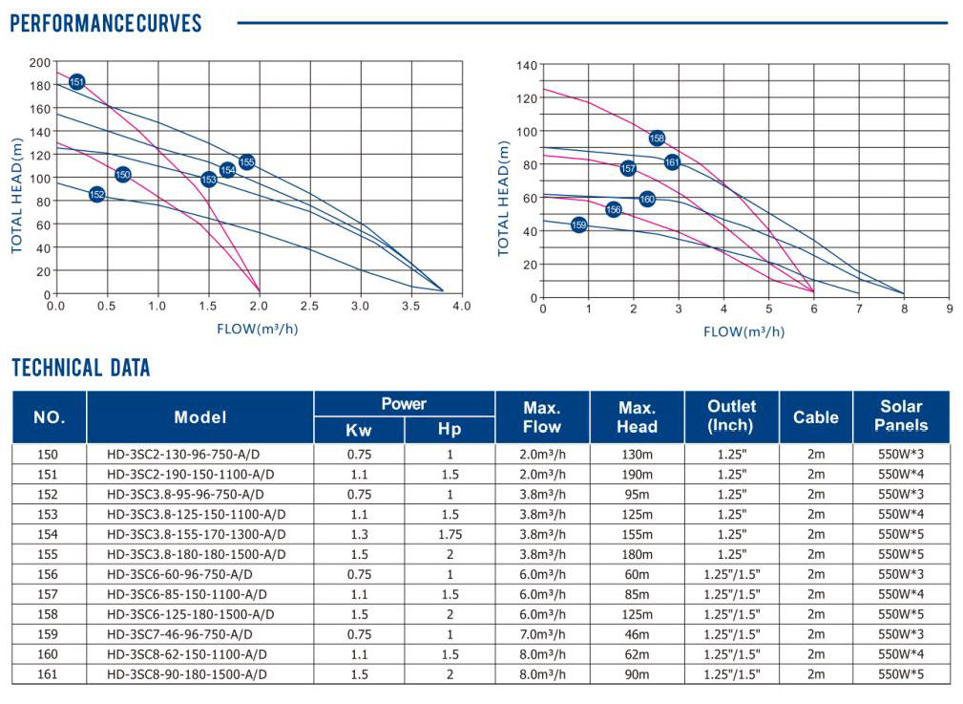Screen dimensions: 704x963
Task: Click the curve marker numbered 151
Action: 77,82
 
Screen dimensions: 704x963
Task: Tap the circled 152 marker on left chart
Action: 96,195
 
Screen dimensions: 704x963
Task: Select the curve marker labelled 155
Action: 246,162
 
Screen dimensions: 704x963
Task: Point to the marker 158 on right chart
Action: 657,139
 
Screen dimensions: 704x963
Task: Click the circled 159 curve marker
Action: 578,225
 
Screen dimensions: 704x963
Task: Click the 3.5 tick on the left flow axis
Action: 410,307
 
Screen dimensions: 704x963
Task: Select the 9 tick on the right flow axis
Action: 949,309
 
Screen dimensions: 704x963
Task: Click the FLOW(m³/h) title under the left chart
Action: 258,330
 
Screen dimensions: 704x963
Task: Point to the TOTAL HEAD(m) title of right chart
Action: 503,198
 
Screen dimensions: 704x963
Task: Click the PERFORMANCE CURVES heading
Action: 106,23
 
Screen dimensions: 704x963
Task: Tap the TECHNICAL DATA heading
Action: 81,368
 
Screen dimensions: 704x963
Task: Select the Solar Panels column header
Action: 901,416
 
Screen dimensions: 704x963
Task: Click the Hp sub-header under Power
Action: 450,430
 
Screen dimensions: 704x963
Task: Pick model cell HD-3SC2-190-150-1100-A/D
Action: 191,474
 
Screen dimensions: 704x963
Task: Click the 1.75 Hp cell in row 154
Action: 450,534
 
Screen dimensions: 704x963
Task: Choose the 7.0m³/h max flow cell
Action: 541,634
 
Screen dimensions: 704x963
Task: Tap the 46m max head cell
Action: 637,634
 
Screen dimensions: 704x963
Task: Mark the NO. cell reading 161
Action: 49,674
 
